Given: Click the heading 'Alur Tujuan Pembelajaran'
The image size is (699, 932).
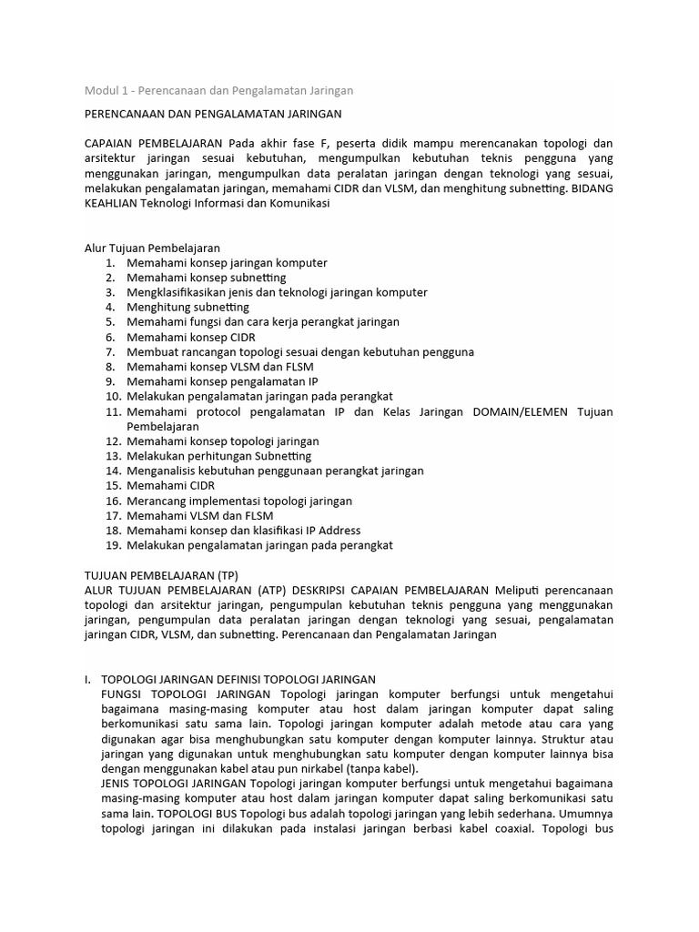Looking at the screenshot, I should pos(152,248).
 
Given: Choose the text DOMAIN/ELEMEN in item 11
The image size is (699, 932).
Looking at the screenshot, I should pos(515,411).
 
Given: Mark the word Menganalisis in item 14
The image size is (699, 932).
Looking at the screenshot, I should pos(163,471).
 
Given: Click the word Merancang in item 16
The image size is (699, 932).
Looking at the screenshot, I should pos(156,501).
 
